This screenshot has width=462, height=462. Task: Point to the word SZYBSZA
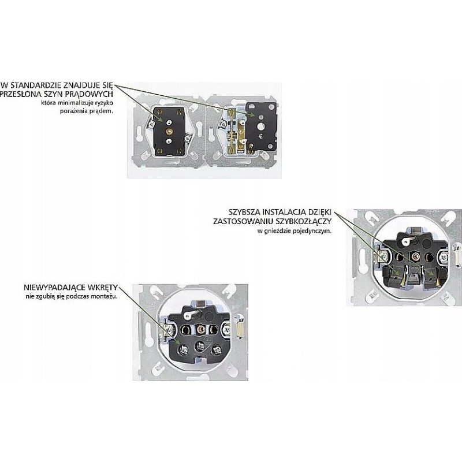[244, 212]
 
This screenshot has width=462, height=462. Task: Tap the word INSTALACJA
[284, 212]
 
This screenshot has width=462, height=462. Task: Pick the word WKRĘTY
[103, 288]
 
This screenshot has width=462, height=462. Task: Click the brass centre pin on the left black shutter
[169, 131]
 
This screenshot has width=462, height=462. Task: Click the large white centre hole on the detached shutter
[261, 127]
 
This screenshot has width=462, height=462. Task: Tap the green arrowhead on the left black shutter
[161, 120]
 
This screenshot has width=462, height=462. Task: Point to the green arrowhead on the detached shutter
[250, 114]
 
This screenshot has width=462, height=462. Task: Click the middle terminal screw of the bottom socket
[202, 347]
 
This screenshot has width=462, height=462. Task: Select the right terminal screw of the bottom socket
[218, 351]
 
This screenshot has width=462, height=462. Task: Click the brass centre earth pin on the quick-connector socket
[416, 257]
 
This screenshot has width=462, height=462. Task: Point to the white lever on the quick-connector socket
[407, 241]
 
